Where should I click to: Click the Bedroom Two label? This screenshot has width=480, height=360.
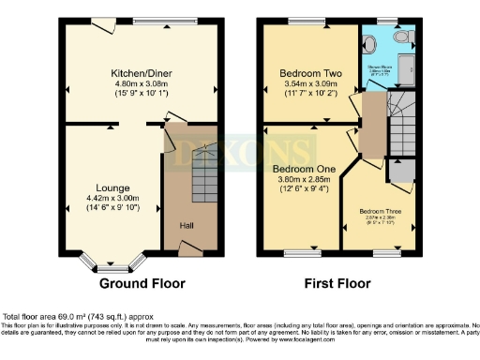pos(310,72)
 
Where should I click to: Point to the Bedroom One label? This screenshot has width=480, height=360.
pos(302,169)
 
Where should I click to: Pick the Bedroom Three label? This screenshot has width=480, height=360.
pos(379,211)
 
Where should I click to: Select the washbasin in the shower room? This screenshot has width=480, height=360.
pos(373,43)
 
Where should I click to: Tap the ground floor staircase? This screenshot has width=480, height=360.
pos(205,172)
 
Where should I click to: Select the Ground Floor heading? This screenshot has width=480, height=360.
pos(142,283)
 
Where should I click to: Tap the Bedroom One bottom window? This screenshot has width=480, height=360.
pos(303,252)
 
